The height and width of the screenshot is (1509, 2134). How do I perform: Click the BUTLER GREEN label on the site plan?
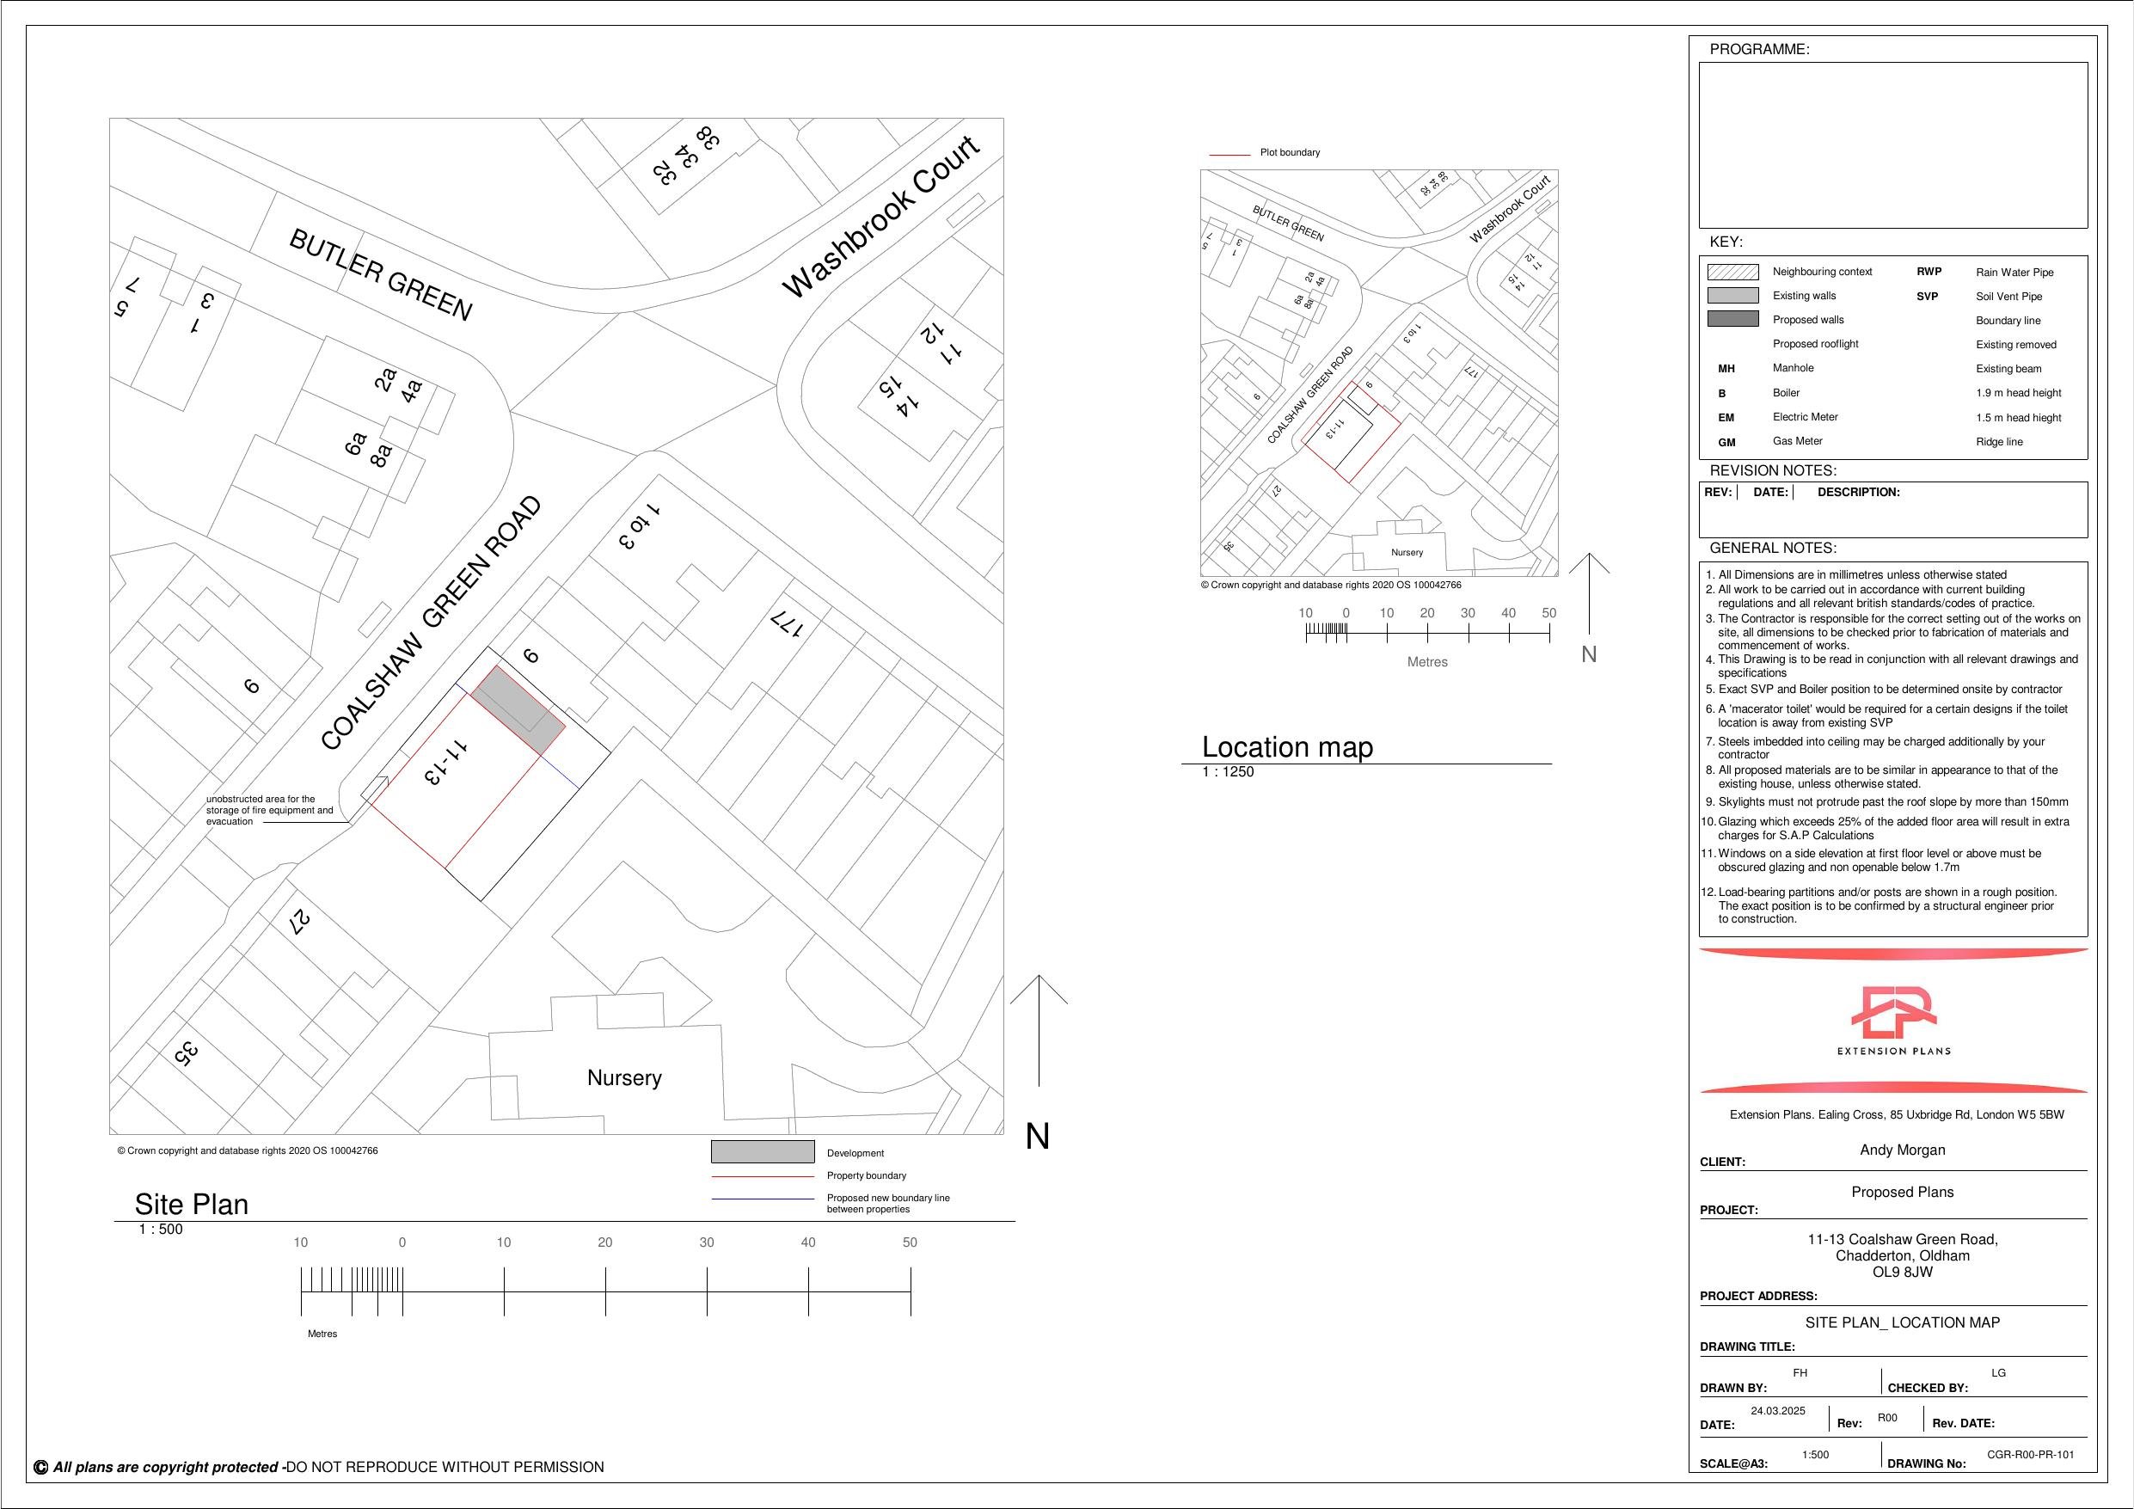[x=381, y=275]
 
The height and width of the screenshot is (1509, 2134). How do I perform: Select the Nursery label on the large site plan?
[x=624, y=1077]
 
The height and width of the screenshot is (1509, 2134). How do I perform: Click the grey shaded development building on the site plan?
[x=518, y=708]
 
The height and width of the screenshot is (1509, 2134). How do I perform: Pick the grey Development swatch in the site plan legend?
[x=762, y=1151]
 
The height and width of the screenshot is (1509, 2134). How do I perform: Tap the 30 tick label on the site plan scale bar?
[x=707, y=1242]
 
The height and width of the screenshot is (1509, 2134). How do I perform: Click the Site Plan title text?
[x=192, y=1204]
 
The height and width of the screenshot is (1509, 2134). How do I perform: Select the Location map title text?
[x=1287, y=746]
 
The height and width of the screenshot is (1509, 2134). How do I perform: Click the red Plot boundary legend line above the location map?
[x=1229, y=155]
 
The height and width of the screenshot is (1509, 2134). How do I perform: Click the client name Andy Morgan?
[x=1902, y=1150]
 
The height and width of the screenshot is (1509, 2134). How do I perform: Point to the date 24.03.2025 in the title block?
[x=1777, y=1410]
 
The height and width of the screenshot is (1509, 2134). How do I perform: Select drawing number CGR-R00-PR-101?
[x=2030, y=1455]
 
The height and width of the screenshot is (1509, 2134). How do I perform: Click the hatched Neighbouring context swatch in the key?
[x=1732, y=272]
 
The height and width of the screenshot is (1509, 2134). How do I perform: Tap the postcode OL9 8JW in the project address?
[x=1902, y=1272]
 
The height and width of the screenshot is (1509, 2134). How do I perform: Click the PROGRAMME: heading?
[x=1758, y=49]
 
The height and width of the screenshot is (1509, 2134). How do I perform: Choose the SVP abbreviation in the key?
[x=1927, y=297]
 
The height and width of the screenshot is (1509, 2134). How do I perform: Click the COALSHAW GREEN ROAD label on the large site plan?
[x=432, y=623]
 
